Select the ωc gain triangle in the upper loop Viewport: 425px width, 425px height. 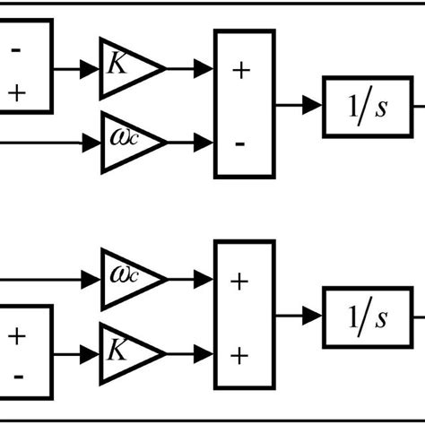click(126, 141)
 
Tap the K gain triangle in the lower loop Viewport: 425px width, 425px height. click(126, 350)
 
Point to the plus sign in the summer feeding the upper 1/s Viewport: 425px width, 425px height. click(240, 71)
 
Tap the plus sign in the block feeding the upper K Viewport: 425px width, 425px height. click(16, 92)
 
